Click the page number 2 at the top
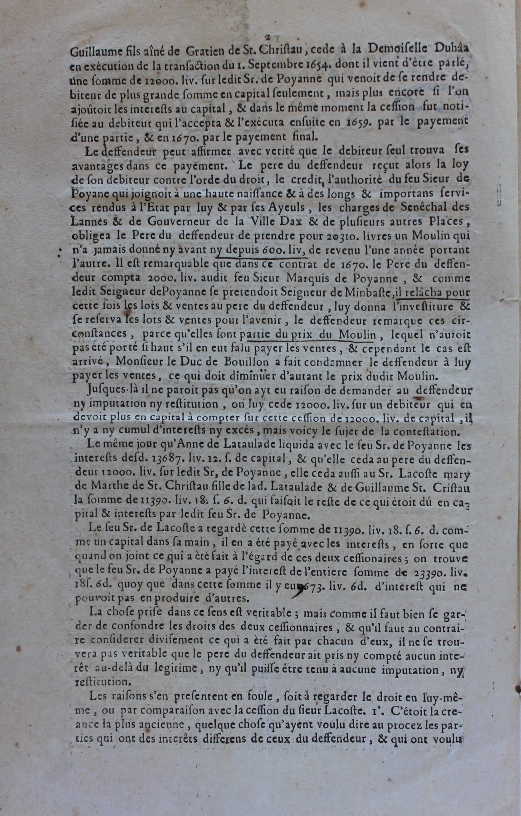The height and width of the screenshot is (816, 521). tap(268, 38)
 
